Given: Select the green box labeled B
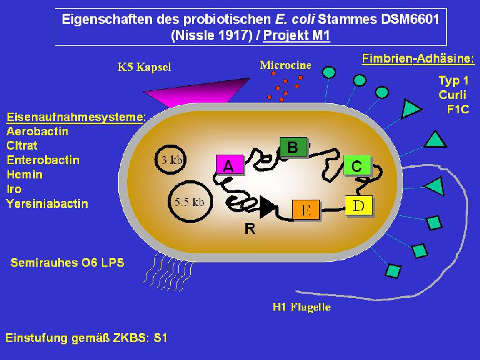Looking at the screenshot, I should point(293,147).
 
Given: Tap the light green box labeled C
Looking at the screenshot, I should point(357,165).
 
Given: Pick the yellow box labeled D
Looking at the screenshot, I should point(359,205).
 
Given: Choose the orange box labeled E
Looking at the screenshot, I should point(306,209).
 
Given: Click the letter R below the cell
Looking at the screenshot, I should point(251,229).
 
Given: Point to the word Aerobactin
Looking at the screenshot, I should point(39,131).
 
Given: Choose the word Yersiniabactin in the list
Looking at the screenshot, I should point(47,203).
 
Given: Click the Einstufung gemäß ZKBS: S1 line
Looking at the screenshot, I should point(84,338).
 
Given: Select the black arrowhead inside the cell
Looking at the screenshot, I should point(267,208).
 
